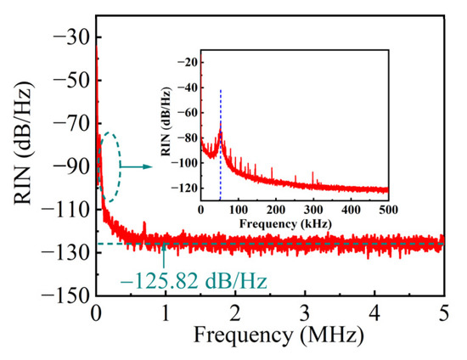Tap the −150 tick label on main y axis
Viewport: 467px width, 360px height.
click(59, 295)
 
